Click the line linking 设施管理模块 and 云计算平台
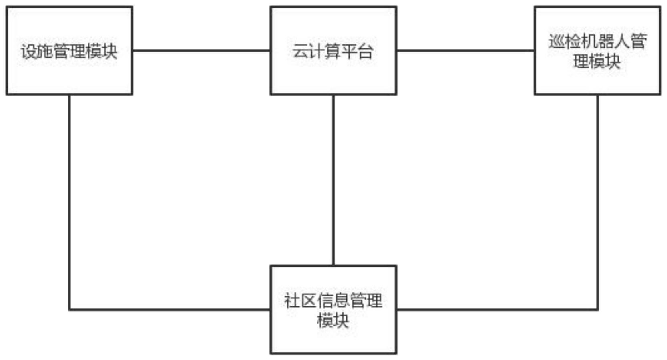(x=201, y=50)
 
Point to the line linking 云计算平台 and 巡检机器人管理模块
(x=465, y=50)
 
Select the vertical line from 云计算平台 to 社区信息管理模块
(x=333, y=180)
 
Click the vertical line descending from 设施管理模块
(x=69, y=203)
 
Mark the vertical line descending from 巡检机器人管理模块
(x=597, y=203)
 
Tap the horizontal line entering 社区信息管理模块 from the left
(x=170, y=310)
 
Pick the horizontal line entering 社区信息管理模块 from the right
(x=497, y=310)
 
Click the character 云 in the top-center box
(x=300, y=52)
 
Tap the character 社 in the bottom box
(x=292, y=300)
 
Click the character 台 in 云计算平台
(x=365, y=52)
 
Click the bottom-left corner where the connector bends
(x=69, y=310)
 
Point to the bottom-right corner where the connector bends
(x=597, y=310)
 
